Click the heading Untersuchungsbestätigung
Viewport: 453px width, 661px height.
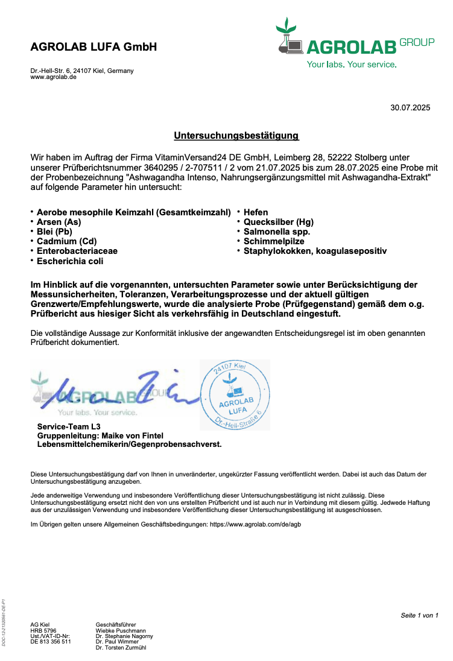pyautogui.click(x=236, y=136)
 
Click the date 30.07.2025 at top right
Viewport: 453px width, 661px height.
pyautogui.click(x=410, y=108)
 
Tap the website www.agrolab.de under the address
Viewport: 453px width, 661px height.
pyautogui.click(x=54, y=77)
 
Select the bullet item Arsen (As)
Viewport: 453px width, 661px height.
pyautogui.click(x=59, y=222)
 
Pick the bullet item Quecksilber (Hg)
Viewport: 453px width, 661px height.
pyautogui.click(x=278, y=222)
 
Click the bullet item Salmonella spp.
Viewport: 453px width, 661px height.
pyautogui.click(x=277, y=232)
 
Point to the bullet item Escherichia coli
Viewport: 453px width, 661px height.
pyautogui.click(x=70, y=261)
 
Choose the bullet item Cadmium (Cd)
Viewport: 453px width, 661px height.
pyautogui.click(x=66, y=241)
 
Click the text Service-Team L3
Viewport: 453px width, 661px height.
pyautogui.click(x=69, y=426)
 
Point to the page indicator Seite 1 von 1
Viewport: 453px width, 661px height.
pyautogui.click(x=419, y=615)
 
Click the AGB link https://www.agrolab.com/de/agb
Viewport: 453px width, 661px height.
pyautogui.click(x=255, y=525)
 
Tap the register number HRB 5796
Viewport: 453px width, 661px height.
pyautogui.click(x=43, y=630)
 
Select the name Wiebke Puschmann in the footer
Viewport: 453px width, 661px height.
pyautogui.click(x=121, y=630)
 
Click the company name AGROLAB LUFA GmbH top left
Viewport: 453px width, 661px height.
pyautogui.click(x=93, y=47)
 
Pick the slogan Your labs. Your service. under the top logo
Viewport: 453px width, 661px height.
pyautogui.click(x=352, y=64)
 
